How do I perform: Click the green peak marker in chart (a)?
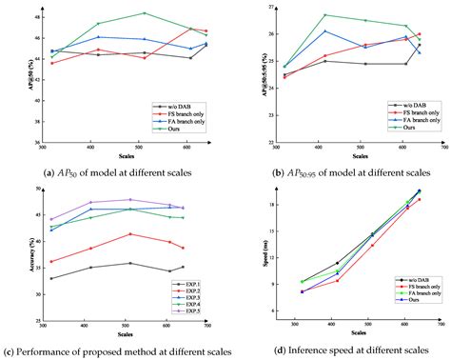[x=145, y=13]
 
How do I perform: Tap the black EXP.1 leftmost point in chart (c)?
[x=51, y=278]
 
